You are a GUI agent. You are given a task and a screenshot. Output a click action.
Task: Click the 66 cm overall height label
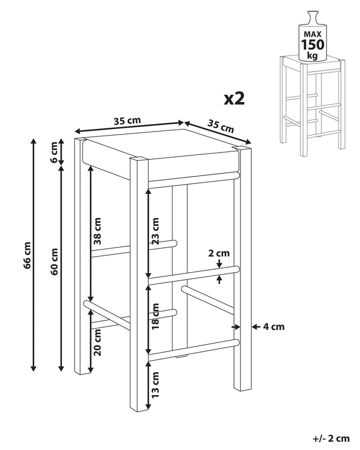point(27,255)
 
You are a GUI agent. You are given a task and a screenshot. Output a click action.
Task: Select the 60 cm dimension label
point(54,261)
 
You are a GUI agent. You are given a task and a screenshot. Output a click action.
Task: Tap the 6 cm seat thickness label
point(54,152)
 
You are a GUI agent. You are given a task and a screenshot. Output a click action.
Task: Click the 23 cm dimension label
point(155,230)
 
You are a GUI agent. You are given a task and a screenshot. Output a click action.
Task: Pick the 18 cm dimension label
point(155,316)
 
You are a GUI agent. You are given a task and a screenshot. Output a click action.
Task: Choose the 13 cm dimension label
point(155,384)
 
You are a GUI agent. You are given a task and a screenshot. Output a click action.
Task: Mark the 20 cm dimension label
point(97,342)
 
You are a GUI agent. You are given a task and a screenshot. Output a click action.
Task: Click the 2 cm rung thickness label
point(219,253)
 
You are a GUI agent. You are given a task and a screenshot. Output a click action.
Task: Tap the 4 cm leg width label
point(273,326)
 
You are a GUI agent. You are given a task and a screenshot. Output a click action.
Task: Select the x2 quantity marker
point(234,98)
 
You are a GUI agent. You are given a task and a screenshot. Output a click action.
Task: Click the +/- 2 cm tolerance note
point(331,438)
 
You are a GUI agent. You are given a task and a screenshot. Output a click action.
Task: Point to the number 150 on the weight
point(312,44)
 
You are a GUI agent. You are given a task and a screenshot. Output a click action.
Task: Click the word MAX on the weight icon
point(312,34)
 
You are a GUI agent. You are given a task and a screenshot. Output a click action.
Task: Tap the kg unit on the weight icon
point(312,55)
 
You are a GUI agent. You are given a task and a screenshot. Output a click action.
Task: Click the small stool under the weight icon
point(312,106)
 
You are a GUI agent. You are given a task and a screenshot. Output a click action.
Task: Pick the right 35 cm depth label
point(220,126)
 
